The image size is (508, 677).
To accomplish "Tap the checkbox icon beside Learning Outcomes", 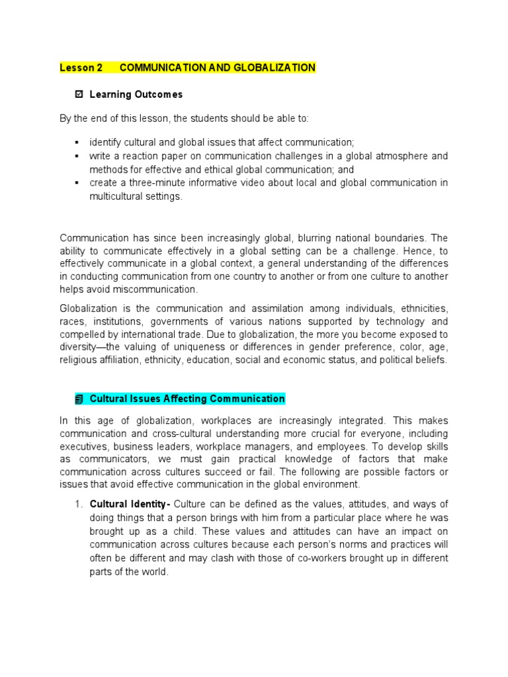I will pyautogui.click(x=79, y=95).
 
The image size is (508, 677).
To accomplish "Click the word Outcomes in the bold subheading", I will pyautogui.click(x=159, y=95).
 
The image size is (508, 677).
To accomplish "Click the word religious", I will pyautogui.click(x=77, y=360).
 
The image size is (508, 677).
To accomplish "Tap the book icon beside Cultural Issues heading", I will pyautogui.click(x=79, y=399).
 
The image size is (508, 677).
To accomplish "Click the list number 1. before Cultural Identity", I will pyautogui.click(x=78, y=505).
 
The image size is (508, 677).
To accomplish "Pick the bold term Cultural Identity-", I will pyautogui.click(x=130, y=505).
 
